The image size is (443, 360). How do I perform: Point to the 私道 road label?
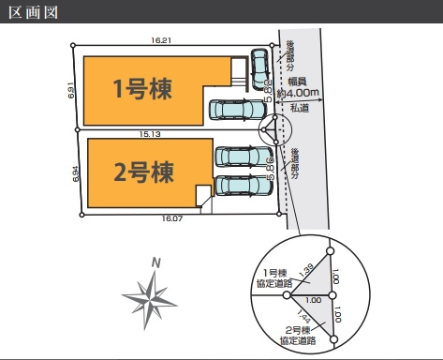[x=300, y=109]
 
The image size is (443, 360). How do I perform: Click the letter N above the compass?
[x=158, y=263]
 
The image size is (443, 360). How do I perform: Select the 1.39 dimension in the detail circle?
[x=307, y=272]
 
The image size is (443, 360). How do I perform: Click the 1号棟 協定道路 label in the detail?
[x=279, y=277]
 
